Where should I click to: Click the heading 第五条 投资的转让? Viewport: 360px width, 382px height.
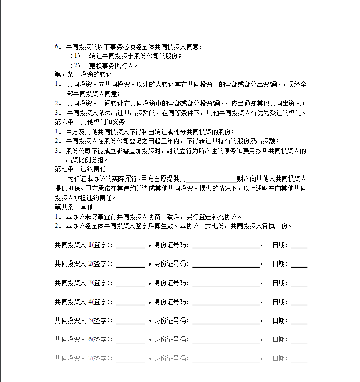click(x=83, y=75)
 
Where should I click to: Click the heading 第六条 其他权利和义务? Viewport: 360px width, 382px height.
click(x=89, y=122)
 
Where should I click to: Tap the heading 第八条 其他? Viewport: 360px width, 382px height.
click(x=74, y=207)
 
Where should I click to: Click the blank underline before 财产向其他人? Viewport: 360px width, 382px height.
click(x=212, y=179)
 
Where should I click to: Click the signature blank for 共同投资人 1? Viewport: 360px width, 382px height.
click(x=130, y=245)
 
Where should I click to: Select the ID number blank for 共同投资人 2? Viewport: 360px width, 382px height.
click(x=226, y=264)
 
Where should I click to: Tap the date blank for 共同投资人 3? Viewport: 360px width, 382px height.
click(x=299, y=283)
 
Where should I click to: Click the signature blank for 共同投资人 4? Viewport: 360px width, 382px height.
click(x=130, y=302)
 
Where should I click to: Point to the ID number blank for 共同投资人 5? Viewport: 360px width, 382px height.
click(x=226, y=320)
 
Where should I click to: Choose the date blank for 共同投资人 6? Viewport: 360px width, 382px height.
click(x=299, y=339)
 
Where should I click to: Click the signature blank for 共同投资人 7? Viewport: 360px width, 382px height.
click(x=130, y=358)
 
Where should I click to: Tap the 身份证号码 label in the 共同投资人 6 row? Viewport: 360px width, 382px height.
click(x=172, y=339)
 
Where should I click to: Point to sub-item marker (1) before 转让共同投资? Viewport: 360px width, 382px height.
click(x=75, y=56)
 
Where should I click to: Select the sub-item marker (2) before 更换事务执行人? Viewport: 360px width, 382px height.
click(x=75, y=65)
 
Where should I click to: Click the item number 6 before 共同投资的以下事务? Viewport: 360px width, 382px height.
click(x=57, y=47)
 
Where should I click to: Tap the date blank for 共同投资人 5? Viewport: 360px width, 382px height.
click(x=299, y=320)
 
